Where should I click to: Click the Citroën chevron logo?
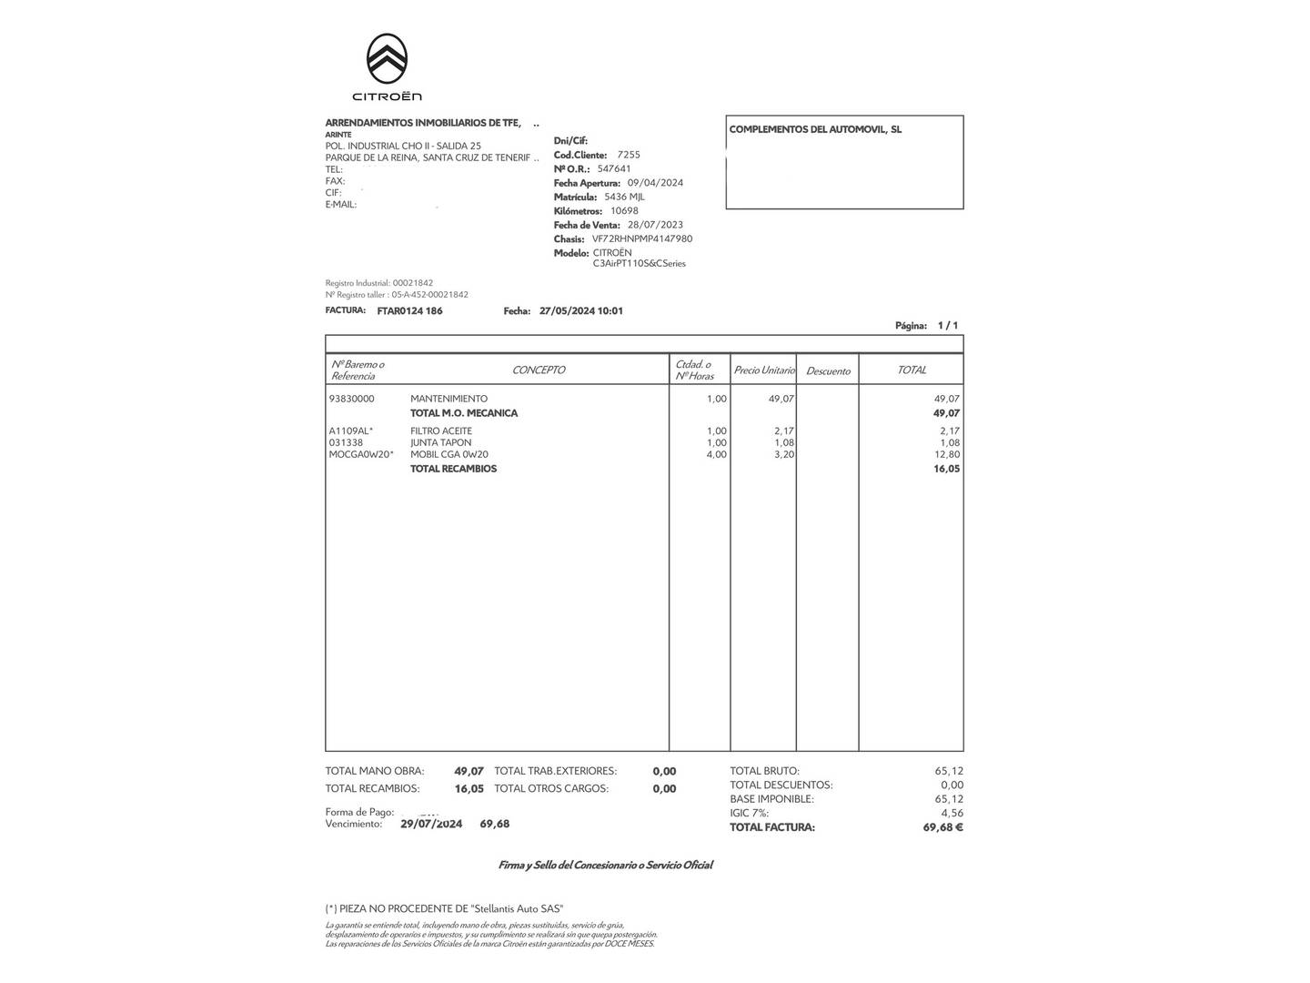387,58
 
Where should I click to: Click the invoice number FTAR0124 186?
409,311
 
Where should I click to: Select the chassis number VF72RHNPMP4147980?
641,239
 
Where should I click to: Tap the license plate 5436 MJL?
624,197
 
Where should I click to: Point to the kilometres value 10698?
624,211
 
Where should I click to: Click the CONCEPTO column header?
539,370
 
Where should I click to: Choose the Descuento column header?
828,371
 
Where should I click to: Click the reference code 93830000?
351,399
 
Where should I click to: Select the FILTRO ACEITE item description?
441,431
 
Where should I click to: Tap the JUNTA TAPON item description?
441,443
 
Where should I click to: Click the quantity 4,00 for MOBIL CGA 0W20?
716,455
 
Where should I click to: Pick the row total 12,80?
947,455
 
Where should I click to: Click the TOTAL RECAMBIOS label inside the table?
453,470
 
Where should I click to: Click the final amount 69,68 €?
942,828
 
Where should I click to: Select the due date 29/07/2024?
431,825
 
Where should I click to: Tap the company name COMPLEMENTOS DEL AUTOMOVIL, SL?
815,130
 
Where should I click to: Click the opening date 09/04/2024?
655,183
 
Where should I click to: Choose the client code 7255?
629,156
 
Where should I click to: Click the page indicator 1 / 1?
948,326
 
